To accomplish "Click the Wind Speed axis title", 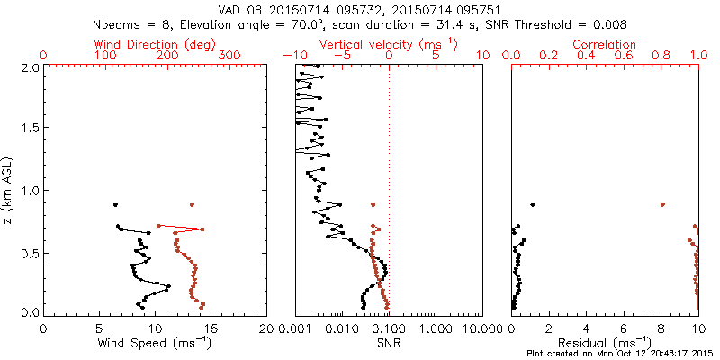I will [155, 343].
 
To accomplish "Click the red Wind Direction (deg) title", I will [156, 44].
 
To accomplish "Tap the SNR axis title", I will [389, 343].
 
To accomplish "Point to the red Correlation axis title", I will [606, 44].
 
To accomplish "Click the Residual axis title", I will [606, 343].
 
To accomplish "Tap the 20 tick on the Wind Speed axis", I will [267, 329].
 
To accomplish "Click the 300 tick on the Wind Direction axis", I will [230, 56].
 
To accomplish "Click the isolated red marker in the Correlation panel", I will [663, 205].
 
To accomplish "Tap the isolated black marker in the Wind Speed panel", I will [115, 205].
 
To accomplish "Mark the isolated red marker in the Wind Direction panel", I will [192, 205].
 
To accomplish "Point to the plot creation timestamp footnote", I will [620, 354].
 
